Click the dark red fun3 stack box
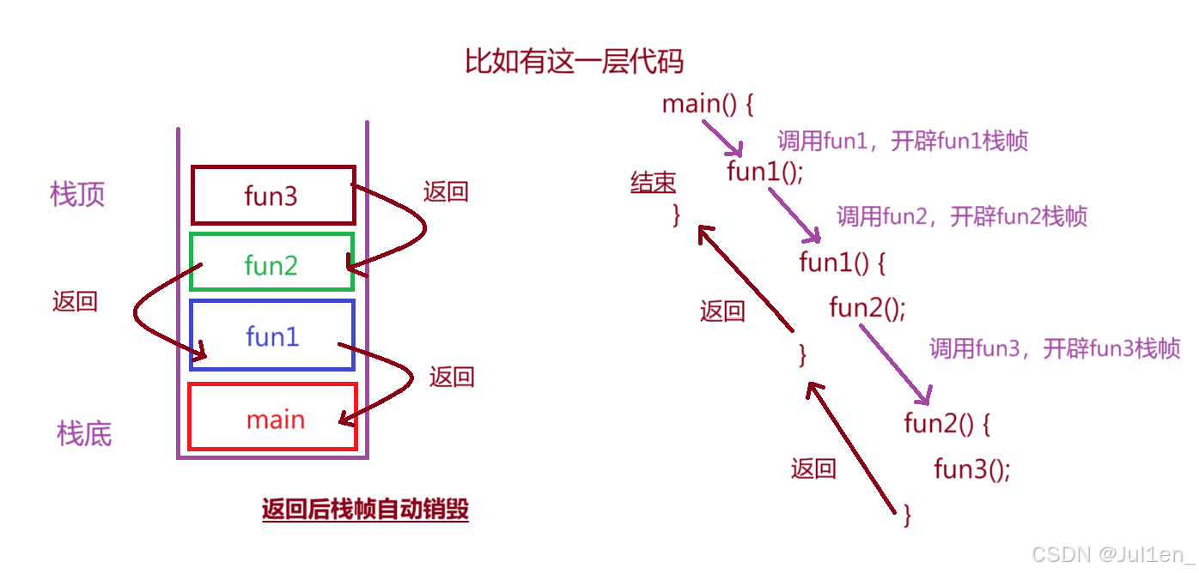[x=272, y=196]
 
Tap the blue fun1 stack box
[x=271, y=335]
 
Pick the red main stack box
[x=274, y=418]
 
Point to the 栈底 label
[x=84, y=433]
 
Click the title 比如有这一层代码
[x=574, y=62]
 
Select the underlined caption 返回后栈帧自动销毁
[x=365, y=510]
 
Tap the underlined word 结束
[x=653, y=182]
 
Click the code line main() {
[x=708, y=105]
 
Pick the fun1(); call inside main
[x=764, y=172]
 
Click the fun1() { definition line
[x=842, y=262]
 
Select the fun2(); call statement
[x=867, y=306]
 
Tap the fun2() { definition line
[x=947, y=423]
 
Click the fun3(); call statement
[x=972, y=468]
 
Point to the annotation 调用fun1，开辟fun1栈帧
[x=903, y=141]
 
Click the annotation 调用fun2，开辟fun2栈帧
[x=962, y=216]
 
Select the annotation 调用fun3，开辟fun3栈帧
[x=1055, y=348]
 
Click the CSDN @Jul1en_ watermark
[x=1112, y=554]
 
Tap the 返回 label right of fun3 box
[x=446, y=191]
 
